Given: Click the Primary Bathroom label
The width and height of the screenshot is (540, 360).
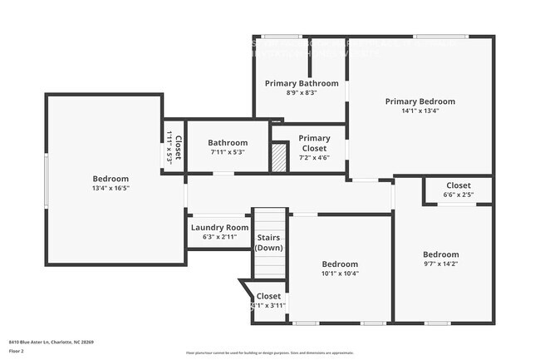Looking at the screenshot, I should [302, 83].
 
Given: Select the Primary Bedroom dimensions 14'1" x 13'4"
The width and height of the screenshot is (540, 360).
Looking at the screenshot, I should [420, 110].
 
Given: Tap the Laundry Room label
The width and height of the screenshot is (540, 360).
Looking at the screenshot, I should [219, 227].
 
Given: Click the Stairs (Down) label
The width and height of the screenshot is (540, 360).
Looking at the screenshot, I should [268, 243].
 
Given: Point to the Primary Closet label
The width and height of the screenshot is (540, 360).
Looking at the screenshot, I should [314, 143].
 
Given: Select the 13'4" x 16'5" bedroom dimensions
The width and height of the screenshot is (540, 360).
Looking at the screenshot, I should [110, 188].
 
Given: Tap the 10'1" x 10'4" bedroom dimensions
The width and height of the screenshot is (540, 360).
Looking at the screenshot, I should [340, 274].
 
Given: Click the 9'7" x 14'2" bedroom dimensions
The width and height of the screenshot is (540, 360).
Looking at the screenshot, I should [440, 264].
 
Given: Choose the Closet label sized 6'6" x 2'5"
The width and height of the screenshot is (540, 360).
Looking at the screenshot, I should [459, 185].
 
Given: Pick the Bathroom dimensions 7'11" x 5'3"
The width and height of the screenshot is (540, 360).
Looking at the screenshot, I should [228, 152].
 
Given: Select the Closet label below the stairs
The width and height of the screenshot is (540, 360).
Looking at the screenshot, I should [268, 296].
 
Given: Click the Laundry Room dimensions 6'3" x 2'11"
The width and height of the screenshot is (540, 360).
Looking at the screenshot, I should [219, 237].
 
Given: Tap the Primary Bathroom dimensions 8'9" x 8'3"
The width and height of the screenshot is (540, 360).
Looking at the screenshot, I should [302, 93].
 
